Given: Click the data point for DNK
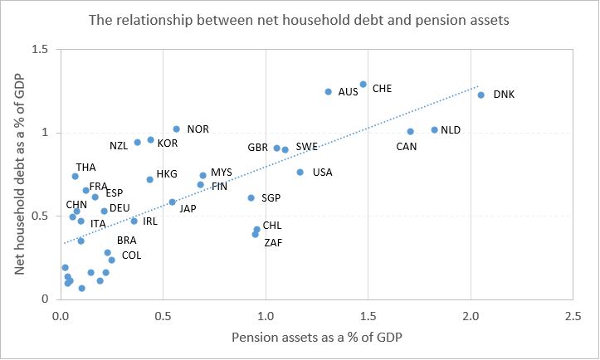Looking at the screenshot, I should coord(480,95).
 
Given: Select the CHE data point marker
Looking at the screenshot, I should coord(363,84).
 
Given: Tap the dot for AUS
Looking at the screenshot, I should coord(329,91).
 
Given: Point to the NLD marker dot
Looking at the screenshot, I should coord(434,129).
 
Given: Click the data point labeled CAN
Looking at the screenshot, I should coord(410,131).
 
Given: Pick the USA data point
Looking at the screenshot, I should coord(300,172).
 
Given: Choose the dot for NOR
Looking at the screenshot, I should coord(176,129).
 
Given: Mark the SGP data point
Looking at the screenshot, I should coord(251,197).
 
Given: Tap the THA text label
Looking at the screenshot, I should coord(85,168).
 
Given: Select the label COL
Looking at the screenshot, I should coord(131,255).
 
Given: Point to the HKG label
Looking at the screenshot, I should coord(167,175).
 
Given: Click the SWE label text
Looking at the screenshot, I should coord(306,147).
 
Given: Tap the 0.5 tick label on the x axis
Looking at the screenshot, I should coord(163,317).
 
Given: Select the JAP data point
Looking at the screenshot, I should coord(172,202).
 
